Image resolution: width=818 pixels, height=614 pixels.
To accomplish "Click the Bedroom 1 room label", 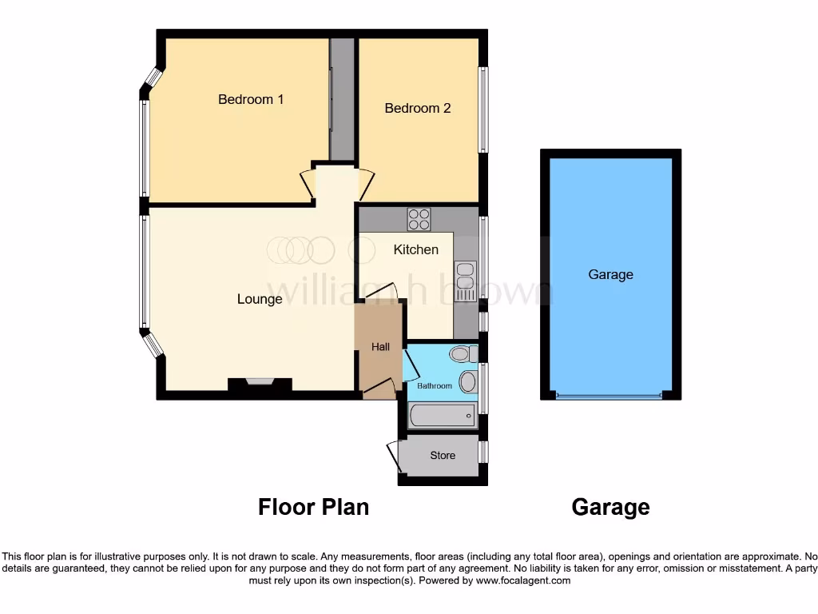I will coord(251,100).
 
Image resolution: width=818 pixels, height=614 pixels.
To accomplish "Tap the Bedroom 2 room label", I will coord(418,108).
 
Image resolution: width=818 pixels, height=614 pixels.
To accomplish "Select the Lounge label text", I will coord(260,299).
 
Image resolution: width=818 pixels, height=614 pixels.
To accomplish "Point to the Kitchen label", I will coord(416,249).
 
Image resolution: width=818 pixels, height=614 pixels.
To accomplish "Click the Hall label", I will coord(381,347).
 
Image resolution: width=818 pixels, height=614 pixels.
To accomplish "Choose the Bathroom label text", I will coord(435,386).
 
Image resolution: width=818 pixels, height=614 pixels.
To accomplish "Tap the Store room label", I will coord(443,456).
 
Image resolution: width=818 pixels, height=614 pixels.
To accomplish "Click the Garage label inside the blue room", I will coord(611,274).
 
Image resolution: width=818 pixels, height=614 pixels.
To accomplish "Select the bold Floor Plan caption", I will coord(313,507).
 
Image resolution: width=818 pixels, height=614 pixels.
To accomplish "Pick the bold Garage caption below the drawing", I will coord(611,507).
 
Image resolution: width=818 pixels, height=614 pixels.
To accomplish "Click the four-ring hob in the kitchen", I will coord(419,219).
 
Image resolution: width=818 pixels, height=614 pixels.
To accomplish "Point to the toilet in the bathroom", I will coord(462,353).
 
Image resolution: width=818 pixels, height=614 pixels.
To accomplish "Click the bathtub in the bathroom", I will coord(443,416).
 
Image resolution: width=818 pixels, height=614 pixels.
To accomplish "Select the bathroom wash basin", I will coord(468,381).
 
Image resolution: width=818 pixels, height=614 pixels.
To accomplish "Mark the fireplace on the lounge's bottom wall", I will coord(260,383).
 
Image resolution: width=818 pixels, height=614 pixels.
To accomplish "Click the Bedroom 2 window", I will coord(483,110).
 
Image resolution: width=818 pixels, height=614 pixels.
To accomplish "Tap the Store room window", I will coord(483,452).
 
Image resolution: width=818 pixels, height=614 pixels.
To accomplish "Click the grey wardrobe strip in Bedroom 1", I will coord(343,98).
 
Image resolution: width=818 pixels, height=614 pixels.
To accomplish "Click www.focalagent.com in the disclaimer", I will coord(522,580).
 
